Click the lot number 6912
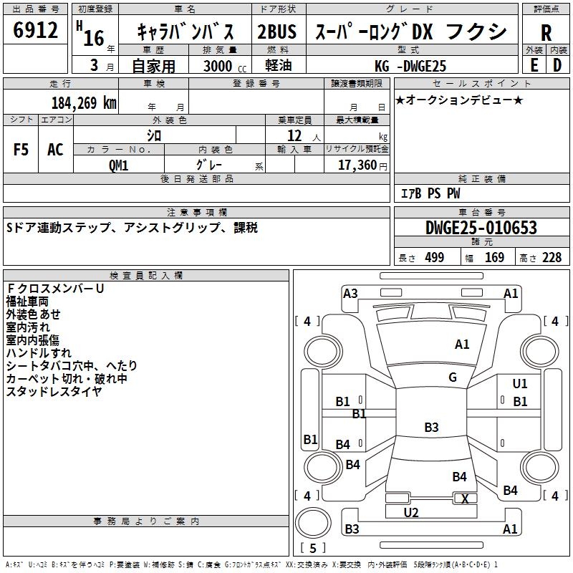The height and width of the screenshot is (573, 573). (36, 31)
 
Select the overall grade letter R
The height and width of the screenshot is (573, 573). (546, 32)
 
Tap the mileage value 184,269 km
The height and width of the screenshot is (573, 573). (84, 103)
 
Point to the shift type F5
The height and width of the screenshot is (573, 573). (21, 150)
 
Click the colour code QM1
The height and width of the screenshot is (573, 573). (119, 165)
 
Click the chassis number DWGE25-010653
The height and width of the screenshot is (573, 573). (481, 228)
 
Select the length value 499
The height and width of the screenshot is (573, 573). (433, 258)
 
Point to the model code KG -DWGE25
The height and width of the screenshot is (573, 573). (410, 66)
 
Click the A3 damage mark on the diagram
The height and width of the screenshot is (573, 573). (350, 293)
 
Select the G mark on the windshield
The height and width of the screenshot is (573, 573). (453, 377)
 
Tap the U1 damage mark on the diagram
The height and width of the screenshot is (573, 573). (520, 385)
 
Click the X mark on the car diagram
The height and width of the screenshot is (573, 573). (466, 499)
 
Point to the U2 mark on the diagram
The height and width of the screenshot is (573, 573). (411, 512)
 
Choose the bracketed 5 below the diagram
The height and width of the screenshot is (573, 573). (313, 548)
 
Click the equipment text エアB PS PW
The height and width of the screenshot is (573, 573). (430, 194)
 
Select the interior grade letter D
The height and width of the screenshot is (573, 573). (557, 65)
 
